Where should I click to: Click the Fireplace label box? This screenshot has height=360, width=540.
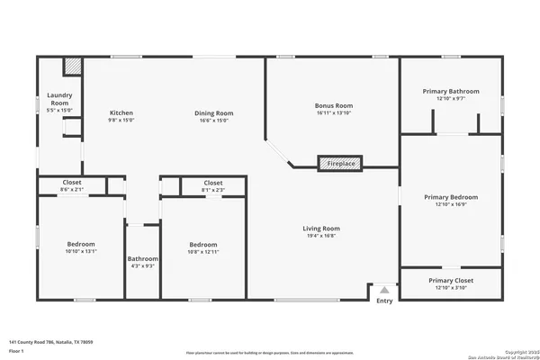click(x=341, y=164)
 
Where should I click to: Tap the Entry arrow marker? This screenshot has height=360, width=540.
click(x=384, y=291)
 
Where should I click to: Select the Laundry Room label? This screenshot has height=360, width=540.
click(x=59, y=100)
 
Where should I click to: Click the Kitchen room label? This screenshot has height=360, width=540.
click(x=121, y=113)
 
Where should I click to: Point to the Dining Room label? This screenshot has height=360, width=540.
click(x=214, y=113)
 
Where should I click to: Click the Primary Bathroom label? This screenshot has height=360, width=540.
click(x=452, y=91)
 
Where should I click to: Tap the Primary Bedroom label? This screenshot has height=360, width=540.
click(x=451, y=197)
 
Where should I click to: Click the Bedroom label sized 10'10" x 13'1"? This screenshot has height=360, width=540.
click(x=81, y=245)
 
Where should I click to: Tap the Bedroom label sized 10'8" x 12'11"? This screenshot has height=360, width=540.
click(x=202, y=245)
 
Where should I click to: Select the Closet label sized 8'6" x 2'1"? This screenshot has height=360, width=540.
click(x=71, y=183)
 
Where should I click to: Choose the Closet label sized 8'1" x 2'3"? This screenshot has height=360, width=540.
click(x=213, y=183)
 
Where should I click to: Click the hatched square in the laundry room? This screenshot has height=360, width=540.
click(x=71, y=67)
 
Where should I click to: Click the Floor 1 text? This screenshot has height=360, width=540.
click(x=18, y=351)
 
